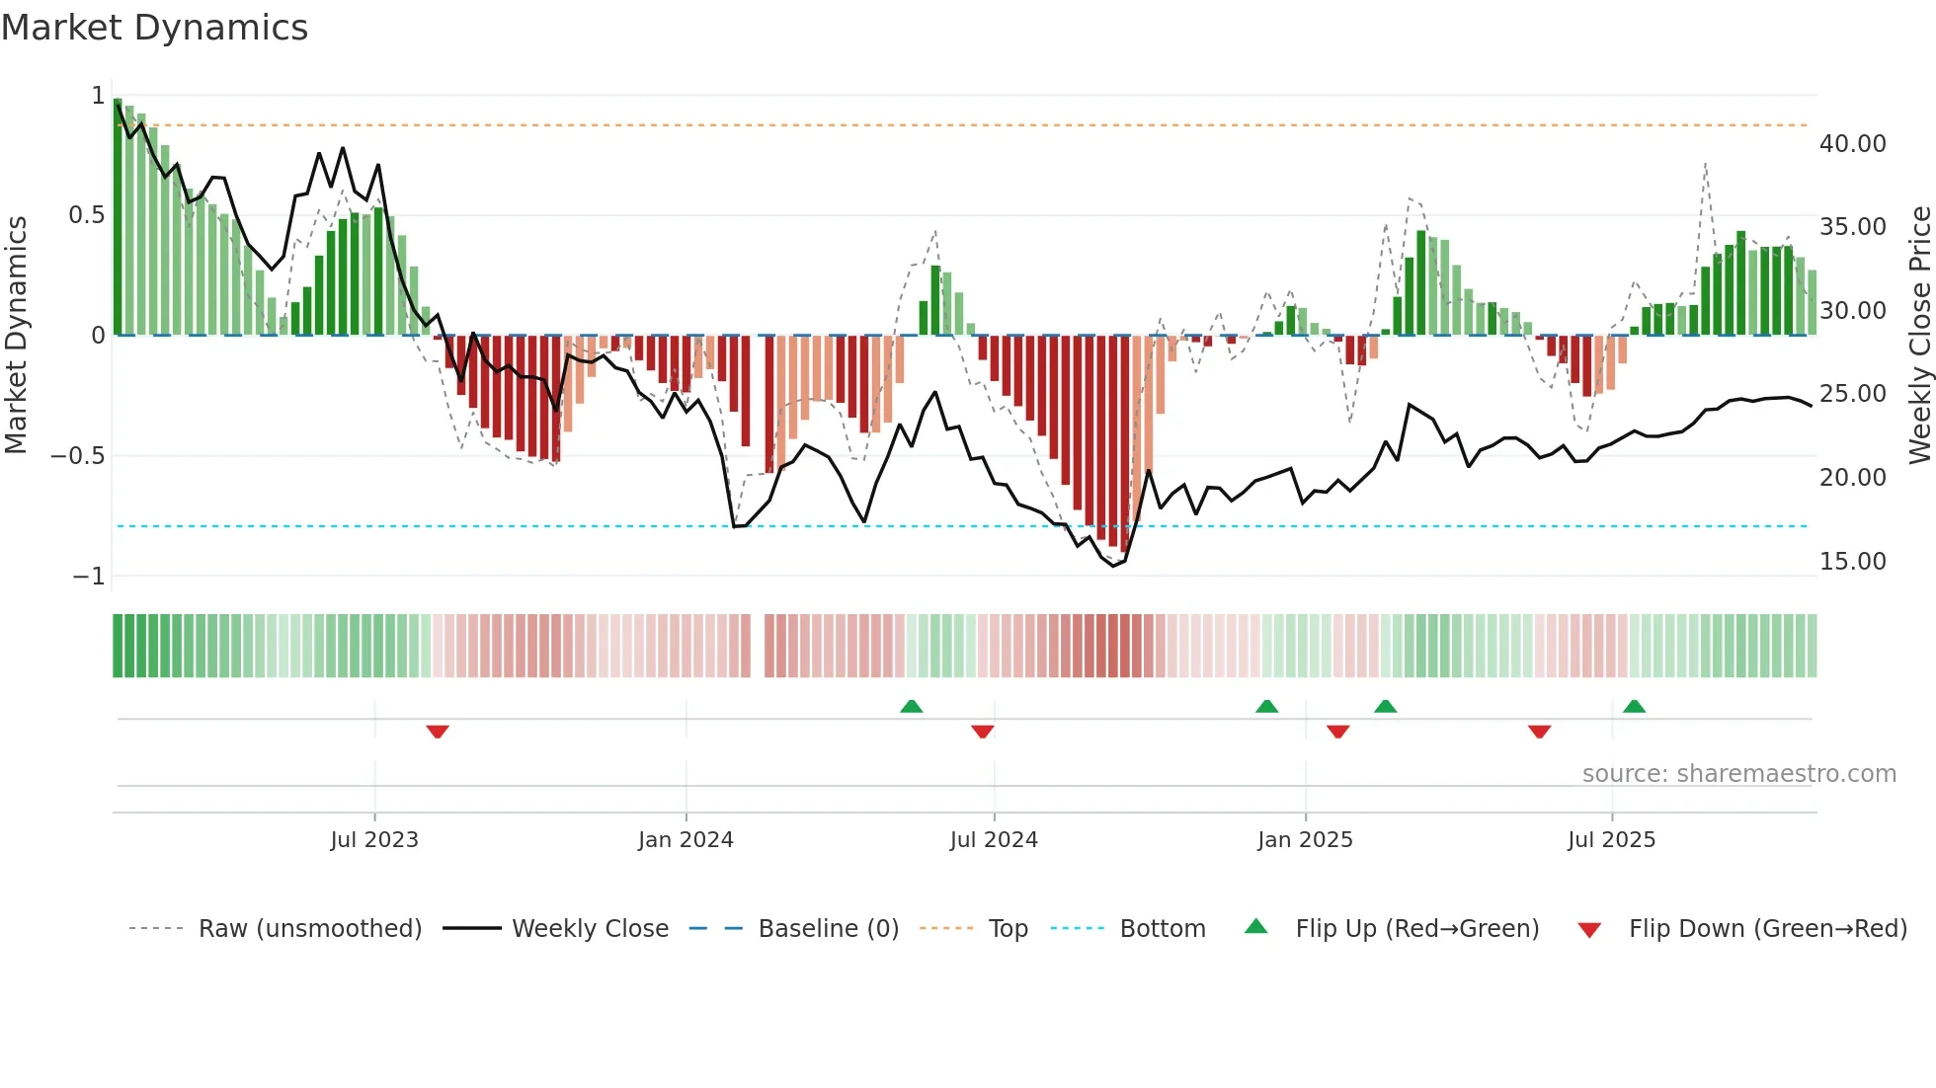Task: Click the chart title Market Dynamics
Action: coord(155,28)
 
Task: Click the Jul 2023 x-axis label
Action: coord(374,840)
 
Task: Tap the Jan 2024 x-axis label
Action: coord(686,840)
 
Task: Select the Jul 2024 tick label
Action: coord(994,840)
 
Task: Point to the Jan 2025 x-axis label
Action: coord(1305,840)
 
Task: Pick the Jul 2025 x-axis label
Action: coord(1611,840)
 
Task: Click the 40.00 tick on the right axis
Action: coord(1852,144)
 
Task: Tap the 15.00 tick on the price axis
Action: coord(1852,562)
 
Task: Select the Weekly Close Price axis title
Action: coord(1919,335)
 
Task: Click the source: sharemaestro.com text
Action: coord(1738,774)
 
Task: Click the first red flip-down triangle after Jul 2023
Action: coord(438,732)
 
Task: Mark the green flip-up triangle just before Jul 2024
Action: coord(912,707)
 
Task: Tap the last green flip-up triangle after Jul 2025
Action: coord(1634,707)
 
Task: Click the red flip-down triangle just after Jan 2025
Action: coord(1337,732)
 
